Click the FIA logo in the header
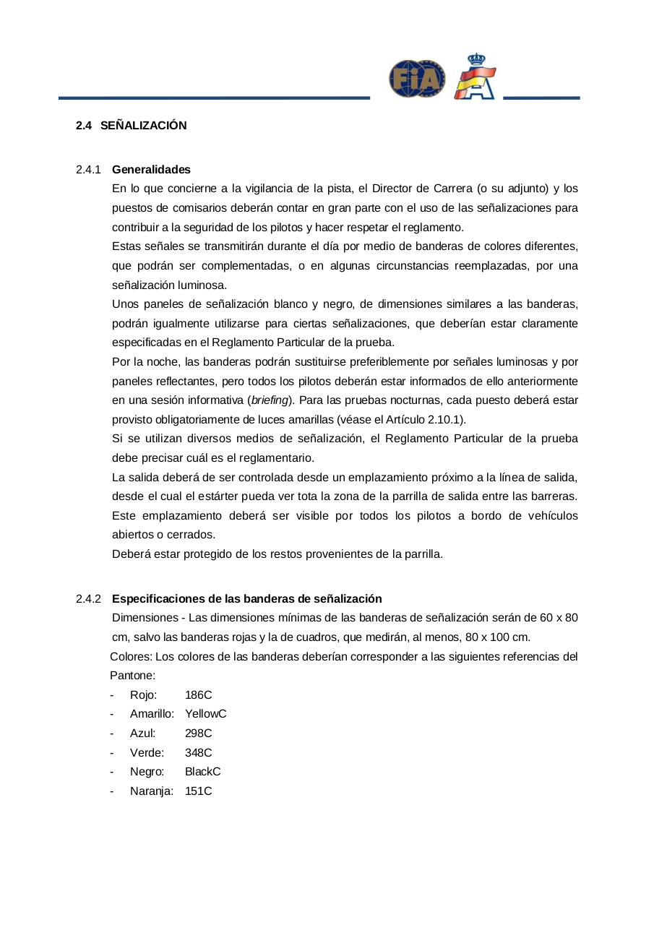coord(417,79)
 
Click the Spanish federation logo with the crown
coord(475,77)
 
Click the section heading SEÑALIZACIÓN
coord(143,126)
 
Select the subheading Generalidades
coord(151,170)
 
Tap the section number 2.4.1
coord(88,170)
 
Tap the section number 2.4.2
coord(88,599)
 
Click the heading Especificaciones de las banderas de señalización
coord(246,599)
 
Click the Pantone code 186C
coord(198,695)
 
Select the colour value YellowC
coord(205,714)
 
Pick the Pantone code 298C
coord(198,733)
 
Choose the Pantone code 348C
coord(198,753)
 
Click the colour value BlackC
coord(202,772)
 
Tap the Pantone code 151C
coord(198,791)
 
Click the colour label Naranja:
coord(152,791)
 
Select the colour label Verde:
coord(147,753)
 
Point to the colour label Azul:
coord(142,733)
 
